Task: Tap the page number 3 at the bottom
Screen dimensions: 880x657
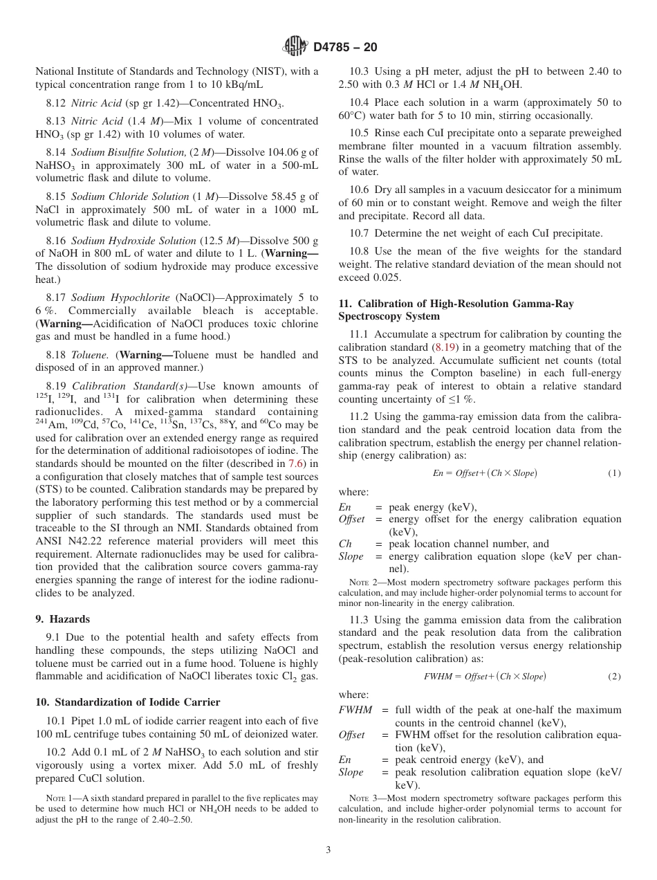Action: click(328, 850)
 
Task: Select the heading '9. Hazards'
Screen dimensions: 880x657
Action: click(63, 619)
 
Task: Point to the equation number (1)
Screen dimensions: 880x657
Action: click(614, 473)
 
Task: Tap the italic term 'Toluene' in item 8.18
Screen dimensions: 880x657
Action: click(89, 355)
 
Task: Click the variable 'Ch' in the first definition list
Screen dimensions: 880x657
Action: click(345, 544)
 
